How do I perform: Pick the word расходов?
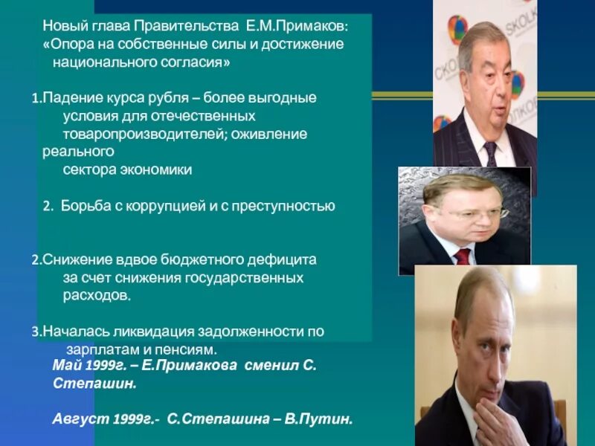(x=96, y=295)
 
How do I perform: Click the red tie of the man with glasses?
(x=463, y=256)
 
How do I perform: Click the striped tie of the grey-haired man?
(x=491, y=153)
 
